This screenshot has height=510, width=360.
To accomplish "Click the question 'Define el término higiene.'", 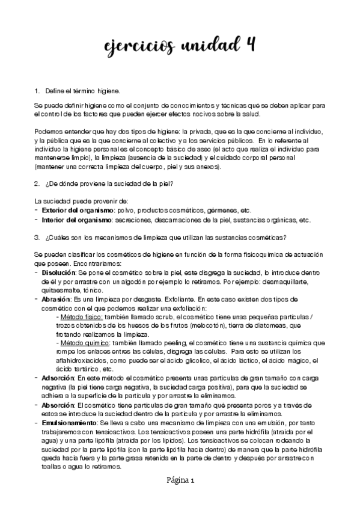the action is point(82,91).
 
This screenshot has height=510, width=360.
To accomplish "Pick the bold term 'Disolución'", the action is point(59,273).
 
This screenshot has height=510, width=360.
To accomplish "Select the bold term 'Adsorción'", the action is point(58,378).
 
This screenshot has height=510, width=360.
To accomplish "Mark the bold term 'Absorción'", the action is point(58,405).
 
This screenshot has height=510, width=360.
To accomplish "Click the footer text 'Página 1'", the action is point(180,481).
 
